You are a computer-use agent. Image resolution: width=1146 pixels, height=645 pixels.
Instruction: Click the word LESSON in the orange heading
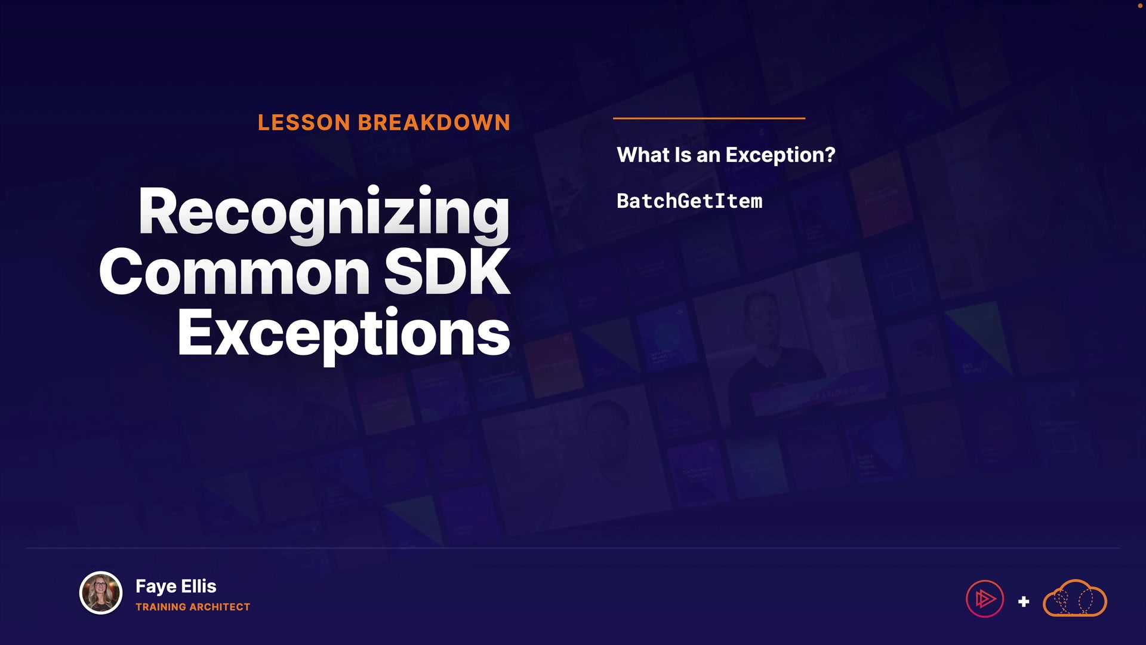(x=304, y=122)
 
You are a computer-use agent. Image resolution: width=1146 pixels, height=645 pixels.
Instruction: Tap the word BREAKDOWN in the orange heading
(x=434, y=122)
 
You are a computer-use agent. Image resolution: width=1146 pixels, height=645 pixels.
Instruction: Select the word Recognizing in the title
(x=324, y=214)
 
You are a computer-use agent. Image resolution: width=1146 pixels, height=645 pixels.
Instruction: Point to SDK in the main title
(x=447, y=272)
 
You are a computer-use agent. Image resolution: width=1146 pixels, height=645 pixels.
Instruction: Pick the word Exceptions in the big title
(x=344, y=334)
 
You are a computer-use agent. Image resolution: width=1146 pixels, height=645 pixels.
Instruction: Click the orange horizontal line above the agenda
(x=709, y=118)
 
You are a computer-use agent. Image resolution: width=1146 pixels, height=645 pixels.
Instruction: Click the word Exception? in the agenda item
(x=780, y=155)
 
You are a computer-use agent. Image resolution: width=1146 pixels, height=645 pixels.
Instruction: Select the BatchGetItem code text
(x=689, y=201)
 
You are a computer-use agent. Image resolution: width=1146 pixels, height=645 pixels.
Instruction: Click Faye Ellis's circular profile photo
(x=101, y=593)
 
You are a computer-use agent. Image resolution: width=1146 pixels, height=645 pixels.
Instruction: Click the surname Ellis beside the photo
(x=199, y=586)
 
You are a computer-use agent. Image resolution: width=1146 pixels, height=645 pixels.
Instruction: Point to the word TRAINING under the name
(x=161, y=607)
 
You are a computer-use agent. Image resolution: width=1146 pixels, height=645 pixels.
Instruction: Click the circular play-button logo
(x=985, y=598)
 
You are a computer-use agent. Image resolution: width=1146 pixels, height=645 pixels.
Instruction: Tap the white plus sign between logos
(x=1024, y=601)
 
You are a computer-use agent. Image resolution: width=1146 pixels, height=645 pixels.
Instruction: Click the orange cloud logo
(x=1074, y=598)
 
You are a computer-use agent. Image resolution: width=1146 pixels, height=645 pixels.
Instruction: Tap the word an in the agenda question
(x=708, y=156)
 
